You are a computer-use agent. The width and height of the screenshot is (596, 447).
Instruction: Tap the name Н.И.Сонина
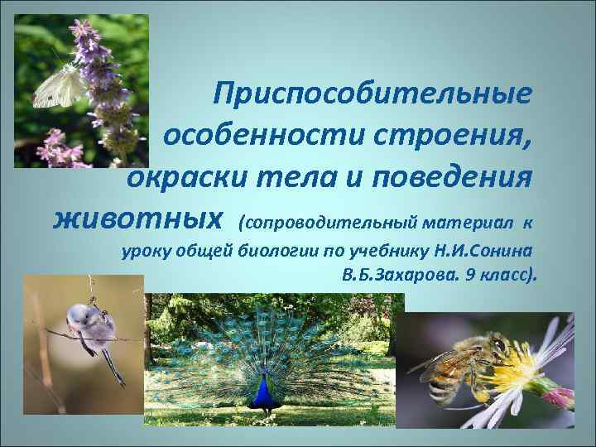482,250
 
